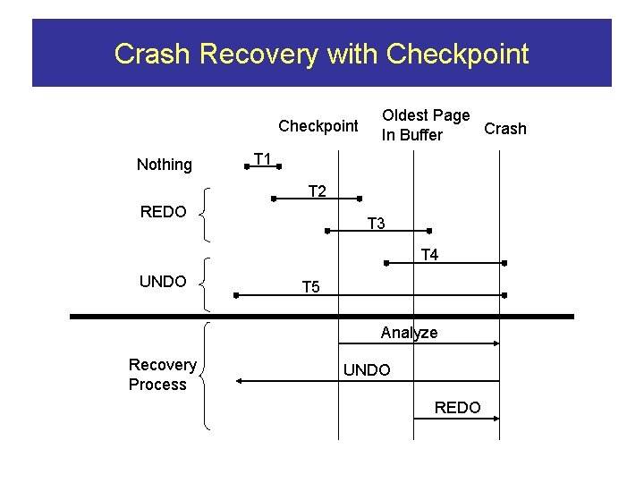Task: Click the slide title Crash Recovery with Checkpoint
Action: pos(321,55)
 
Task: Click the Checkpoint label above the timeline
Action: pos(318,126)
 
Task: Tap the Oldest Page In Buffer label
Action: pos(425,125)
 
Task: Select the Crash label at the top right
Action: pos(504,129)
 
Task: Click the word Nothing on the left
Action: pos(164,165)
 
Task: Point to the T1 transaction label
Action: pos(262,159)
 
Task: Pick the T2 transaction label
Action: pos(317,191)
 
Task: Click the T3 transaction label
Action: pos(377,224)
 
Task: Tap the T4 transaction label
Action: pos(429,256)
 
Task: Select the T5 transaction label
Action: pos(310,287)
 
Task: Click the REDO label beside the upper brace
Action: pos(163,212)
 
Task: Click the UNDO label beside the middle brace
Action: pos(163,282)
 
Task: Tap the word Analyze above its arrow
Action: pos(409,333)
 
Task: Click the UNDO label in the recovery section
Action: pos(367,370)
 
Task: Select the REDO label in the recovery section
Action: pos(457,408)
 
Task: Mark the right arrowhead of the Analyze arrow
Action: pos(496,343)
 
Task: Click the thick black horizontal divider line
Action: pos(322,317)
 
